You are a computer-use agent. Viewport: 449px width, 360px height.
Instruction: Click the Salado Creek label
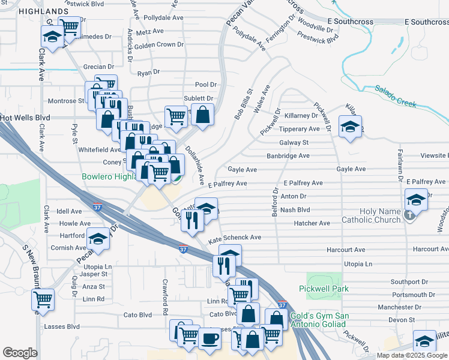pyautogui.click(x=396, y=96)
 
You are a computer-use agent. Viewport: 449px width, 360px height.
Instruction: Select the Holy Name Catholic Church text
pyautogui.click(x=379, y=215)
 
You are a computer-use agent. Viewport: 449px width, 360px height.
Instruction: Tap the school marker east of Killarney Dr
pyautogui.click(x=350, y=127)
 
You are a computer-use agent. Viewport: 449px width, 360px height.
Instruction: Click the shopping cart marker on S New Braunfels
pyautogui.click(x=43, y=299)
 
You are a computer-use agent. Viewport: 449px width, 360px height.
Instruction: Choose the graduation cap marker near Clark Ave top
pyautogui.click(x=52, y=38)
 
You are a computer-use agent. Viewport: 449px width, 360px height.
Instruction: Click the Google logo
pyautogui.click(x=20, y=353)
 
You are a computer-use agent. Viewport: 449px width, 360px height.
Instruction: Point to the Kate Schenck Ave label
pyautogui.click(x=235, y=238)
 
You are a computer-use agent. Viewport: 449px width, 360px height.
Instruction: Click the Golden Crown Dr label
pyautogui.click(x=158, y=45)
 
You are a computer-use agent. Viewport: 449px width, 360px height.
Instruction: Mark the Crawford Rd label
pyautogui.click(x=164, y=296)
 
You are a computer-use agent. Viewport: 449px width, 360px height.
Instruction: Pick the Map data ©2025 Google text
pyautogui.click(x=411, y=355)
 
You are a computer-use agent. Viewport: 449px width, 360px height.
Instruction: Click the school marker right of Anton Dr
pyautogui.click(x=416, y=199)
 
